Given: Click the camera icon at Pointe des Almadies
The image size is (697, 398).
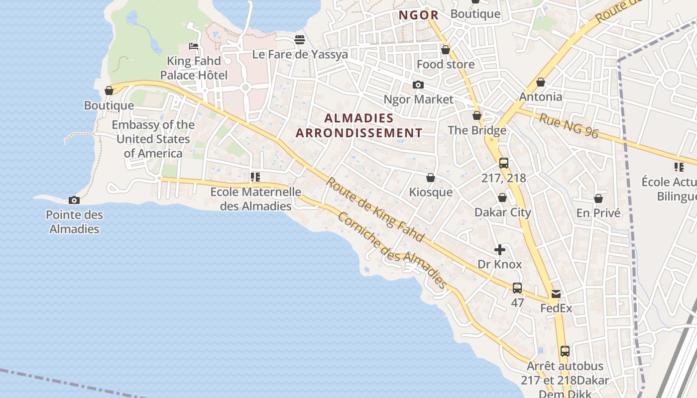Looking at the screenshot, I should tap(74, 200).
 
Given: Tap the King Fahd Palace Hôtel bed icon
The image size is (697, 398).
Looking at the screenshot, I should tap(194, 46).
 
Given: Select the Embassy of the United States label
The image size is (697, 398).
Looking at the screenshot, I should tap(153, 139).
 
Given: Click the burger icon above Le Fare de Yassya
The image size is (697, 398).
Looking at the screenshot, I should tap(300, 39).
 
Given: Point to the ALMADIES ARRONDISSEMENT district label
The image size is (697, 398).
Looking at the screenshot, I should tap(358, 125).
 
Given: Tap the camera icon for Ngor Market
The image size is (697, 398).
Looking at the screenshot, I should tap(418, 85).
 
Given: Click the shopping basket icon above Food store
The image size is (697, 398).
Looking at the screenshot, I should tap(446, 50).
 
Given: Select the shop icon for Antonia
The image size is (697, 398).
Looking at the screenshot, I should tap(541, 82).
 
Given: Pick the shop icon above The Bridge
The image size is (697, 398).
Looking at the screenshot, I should tap(477, 115).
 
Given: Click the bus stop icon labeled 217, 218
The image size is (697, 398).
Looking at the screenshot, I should tap(504, 163).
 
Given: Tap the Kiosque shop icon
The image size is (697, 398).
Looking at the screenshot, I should tap(431, 178).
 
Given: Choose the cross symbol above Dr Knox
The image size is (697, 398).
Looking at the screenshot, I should tap(500, 250).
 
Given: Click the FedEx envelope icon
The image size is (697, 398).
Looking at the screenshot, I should tap(556, 294).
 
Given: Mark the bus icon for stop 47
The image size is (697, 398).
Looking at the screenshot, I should tap(517, 288).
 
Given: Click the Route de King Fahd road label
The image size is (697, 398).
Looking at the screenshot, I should tap(375, 209).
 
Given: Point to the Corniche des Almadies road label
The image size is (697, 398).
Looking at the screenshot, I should tap(392, 250).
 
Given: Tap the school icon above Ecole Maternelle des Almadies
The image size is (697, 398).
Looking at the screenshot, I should tap(255, 177).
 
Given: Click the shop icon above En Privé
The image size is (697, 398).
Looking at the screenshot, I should tap(598, 199).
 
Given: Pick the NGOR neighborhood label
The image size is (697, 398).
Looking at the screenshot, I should tap(419, 15).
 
